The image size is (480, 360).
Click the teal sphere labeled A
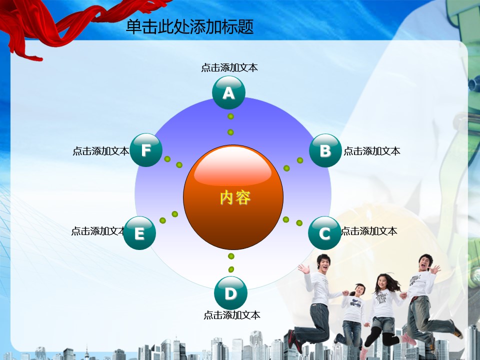(x=228, y=92)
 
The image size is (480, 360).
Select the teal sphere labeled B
(x=325, y=150)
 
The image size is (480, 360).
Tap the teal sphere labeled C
(x=324, y=233)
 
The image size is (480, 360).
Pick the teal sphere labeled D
(x=230, y=293)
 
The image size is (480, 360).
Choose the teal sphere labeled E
(x=139, y=233)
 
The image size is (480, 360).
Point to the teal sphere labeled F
(x=146, y=150)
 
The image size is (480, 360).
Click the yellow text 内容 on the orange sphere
(x=235, y=197)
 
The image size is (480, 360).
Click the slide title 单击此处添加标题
(x=190, y=26)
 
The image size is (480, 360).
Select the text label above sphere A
(x=229, y=67)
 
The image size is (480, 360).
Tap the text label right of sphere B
(x=372, y=151)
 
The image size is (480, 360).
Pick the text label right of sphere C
(x=369, y=231)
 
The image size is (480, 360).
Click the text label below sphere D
(x=232, y=315)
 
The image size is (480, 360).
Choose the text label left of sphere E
(x=98, y=231)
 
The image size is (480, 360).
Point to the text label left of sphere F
(x=100, y=151)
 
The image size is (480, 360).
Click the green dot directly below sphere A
(x=231, y=116)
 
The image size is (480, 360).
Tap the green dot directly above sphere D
(x=231, y=269)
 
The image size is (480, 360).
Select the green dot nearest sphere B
(x=300, y=160)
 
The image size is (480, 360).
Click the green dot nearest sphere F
(x=167, y=159)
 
